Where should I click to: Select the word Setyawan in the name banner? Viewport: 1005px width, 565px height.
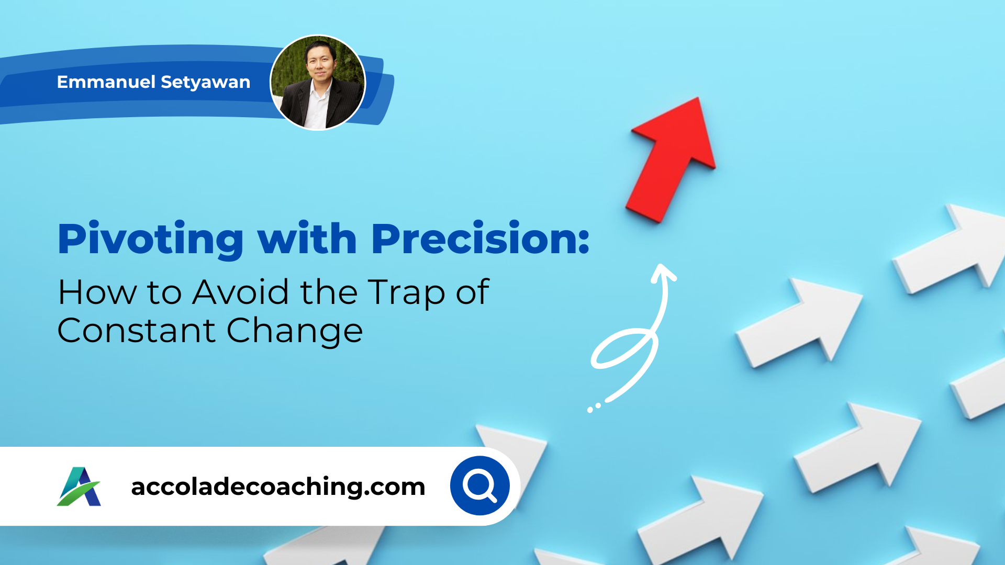coord(205,83)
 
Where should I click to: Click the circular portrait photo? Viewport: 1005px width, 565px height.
coord(318,82)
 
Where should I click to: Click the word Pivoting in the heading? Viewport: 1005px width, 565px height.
coord(151,239)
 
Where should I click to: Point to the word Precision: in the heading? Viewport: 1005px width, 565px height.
coord(481,239)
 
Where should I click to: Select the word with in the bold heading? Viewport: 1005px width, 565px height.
coord(307,239)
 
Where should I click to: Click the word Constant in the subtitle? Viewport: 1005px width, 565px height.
coord(137,331)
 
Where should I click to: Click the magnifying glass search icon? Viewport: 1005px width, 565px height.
coord(480,485)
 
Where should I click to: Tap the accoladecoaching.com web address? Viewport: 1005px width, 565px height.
coord(278,487)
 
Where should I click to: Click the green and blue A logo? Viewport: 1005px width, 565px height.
coord(79,487)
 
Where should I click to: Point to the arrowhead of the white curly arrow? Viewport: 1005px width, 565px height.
coord(664,273)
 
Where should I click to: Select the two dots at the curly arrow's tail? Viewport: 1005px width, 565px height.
coord(594,408)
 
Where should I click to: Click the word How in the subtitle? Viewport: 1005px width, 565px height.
coord(97,292)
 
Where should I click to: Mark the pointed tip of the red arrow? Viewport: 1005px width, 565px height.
coord(698,98)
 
